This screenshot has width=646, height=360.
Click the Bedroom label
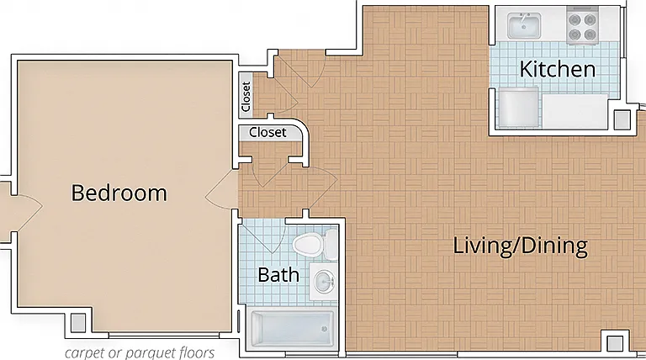pyautogui.click(x=119, y=193)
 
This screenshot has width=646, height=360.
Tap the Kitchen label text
pyautogui.click(x=558, y=69)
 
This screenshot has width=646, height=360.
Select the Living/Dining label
pyautogui.click(x=521, y=246)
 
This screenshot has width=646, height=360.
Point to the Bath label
pyautogui.click(x=278, y=275)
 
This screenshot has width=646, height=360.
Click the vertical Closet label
pyautogui.click(x=246, y=97)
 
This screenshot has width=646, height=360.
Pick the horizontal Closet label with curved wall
pyautogui.click(x=267, y=132)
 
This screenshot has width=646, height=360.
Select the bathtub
pyautogui.click(x=292, y=329)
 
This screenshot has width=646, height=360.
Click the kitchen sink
pyautogui.click(x=524, y=25)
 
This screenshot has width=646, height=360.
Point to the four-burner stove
pyautogui.click(x=582, y=25)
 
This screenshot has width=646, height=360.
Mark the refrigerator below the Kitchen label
pyautogui.click(x=518, y=107)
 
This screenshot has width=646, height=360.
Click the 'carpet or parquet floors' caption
pyautogui.click(x=140, y=353)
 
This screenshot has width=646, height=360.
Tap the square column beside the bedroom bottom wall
pyautogui.click(x=78, y=322)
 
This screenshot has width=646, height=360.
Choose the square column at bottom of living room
pyautogui.click(x=615, y=343)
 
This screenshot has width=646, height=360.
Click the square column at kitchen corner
pyautogui.click(x=622, y=120)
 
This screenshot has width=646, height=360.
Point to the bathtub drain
pyautogui.click(x=324, y=329)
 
